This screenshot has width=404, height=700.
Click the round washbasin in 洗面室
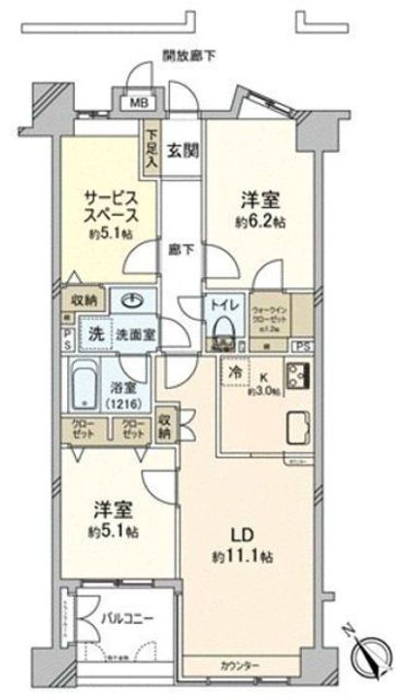(x=130, y=300)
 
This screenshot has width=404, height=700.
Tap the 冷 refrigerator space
(x=236, y=370)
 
